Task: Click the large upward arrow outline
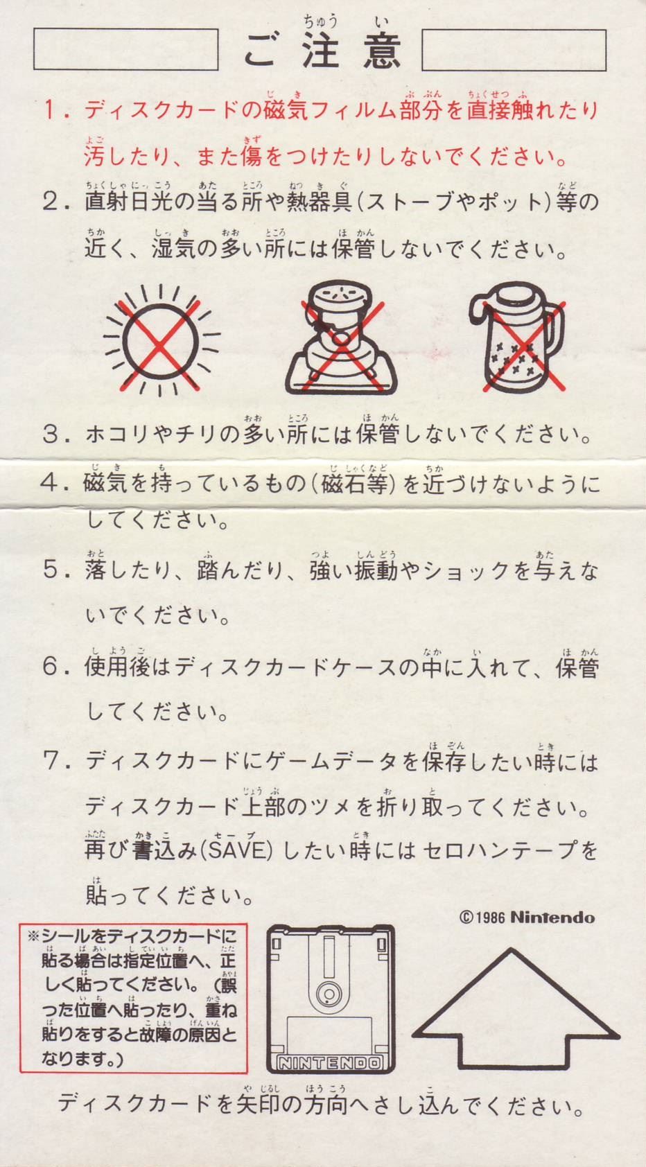[x=519, y=1008]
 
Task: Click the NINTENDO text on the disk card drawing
[x=331, y=1062]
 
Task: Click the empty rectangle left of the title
[x=126, y=49]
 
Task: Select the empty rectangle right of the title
[x=514, y=50]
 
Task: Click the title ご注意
[x=322, y=51]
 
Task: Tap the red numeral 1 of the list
[x=51, y=110]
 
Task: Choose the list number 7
[x=51, y=762]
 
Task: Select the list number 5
[x=51, y=570]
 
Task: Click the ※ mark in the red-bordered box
[x=33, y=936]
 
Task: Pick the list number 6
[x=51, y=667]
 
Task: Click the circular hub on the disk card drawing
[x=329, y=994]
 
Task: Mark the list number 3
[x=51, y=435]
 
